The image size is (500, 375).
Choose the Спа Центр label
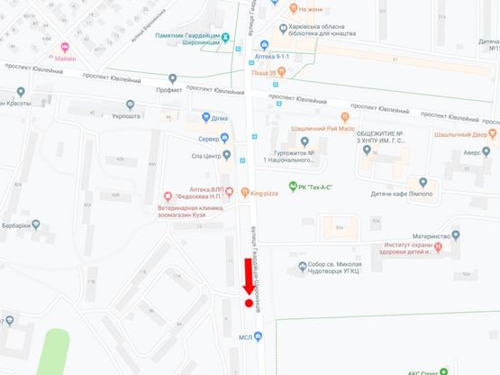tap(205, 157)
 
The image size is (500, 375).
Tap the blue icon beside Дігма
tap(203, 117)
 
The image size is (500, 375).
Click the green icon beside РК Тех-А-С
tap(293, 186)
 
